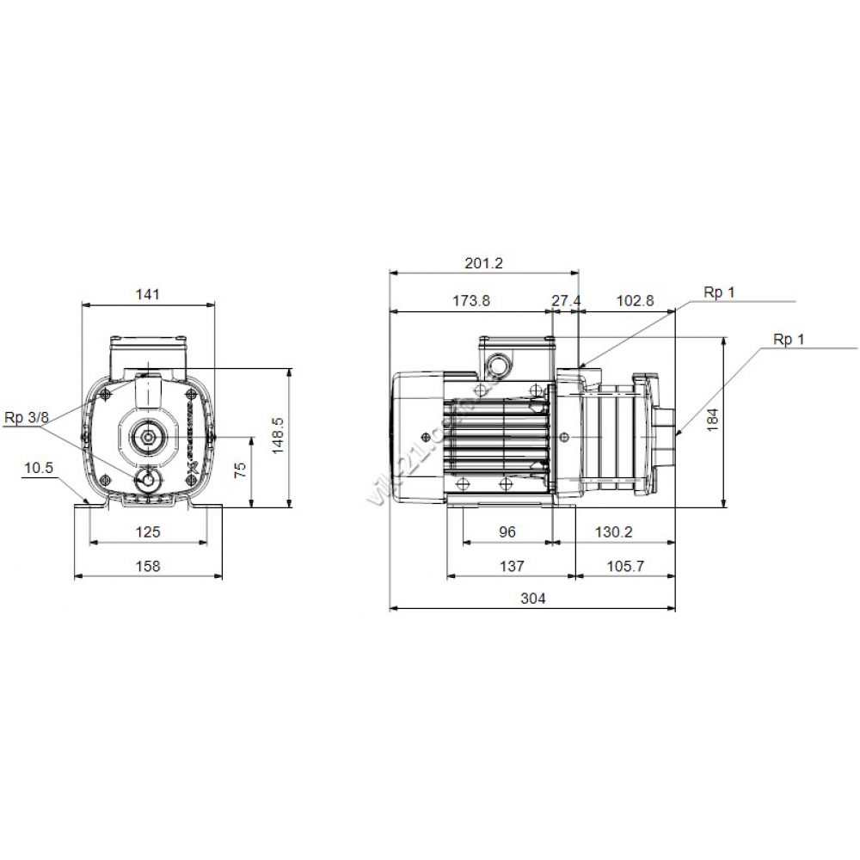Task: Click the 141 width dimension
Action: (148, 294)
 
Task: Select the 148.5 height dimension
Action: (276, 438)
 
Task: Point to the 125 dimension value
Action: (149, 532)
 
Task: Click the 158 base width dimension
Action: (149, 566)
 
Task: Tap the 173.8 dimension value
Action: (470, 301)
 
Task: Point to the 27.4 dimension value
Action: (566, 301)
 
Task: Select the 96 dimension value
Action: (507, 532)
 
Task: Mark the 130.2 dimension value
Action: (613, 532)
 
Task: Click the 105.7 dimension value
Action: (625, 566)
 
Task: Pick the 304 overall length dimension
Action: (532, 599)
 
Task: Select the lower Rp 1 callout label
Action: (789, 340)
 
